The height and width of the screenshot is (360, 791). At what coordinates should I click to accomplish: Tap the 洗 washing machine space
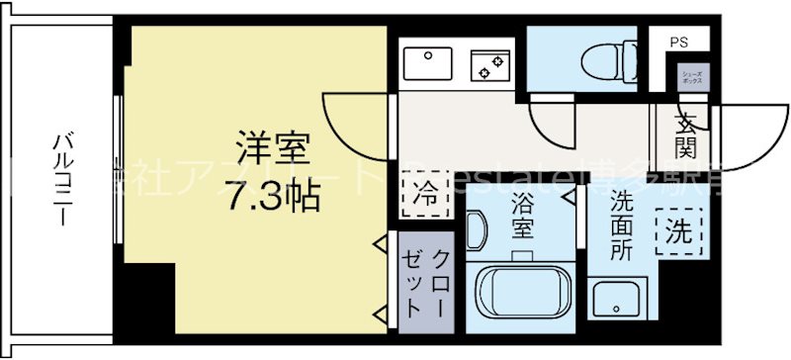[678, 234]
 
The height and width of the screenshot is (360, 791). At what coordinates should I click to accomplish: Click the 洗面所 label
[621, 225]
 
